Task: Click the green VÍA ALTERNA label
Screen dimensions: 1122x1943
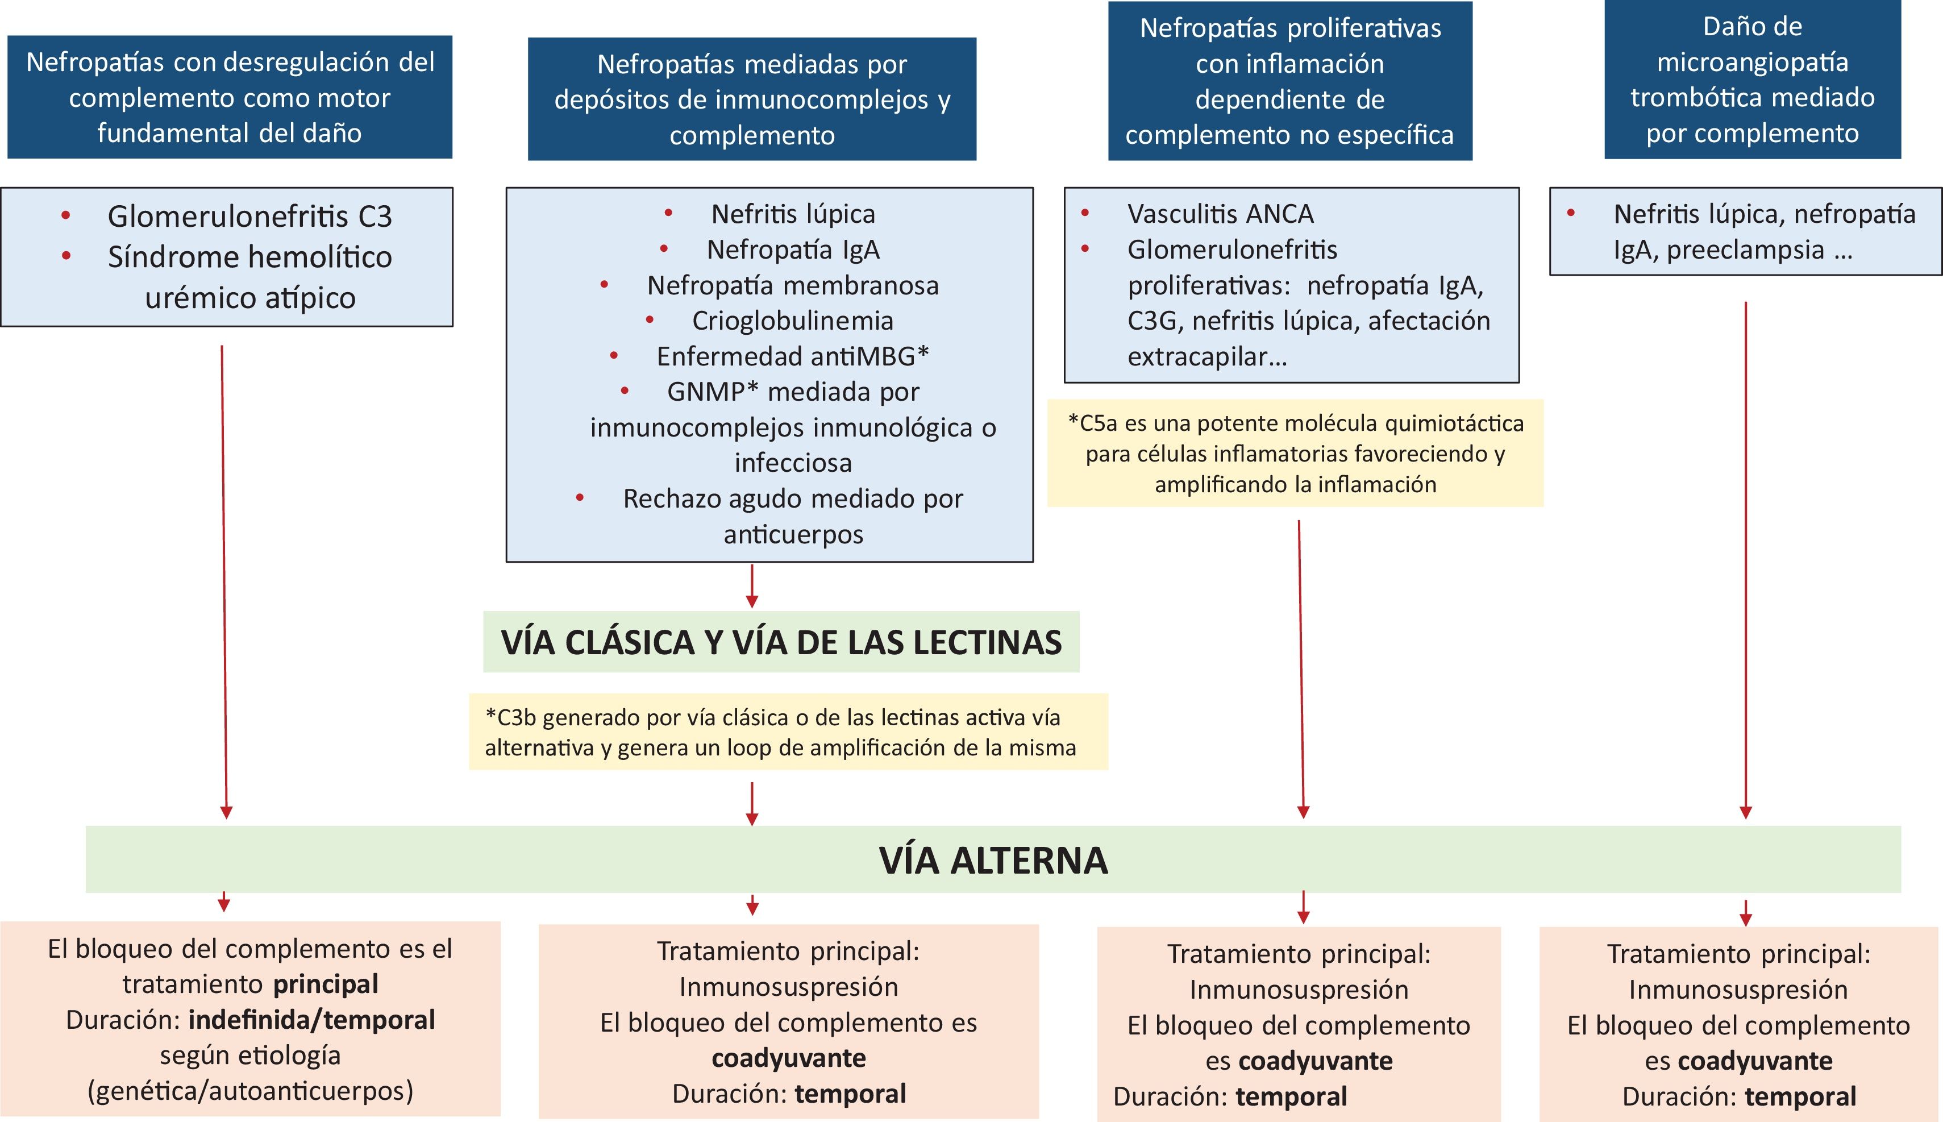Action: (x=993, y=860)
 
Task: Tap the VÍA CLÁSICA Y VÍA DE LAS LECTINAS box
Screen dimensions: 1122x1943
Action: (x=781, y=642)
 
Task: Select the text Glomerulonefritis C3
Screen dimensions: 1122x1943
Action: (x=249, y=217)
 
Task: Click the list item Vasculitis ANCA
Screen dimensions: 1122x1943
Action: (x=1220, y=214)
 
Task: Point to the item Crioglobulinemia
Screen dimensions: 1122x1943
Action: (x=792, y=321)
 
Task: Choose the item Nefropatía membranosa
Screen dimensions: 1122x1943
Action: (x=792, y=285)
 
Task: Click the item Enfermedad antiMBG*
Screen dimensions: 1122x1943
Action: (x=792, y=356)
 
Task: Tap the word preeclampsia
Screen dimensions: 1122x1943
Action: (x=1745, y=250)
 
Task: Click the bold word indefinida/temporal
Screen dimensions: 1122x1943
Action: (x=311, y=1020)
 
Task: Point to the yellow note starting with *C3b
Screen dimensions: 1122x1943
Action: (x=788, y=732)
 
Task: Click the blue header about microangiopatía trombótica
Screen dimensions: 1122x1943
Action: (x=1752, y=80)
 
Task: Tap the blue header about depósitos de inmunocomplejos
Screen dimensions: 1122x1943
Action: (x=752, y=99)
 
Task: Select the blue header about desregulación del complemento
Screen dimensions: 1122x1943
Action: (x=230, y=97)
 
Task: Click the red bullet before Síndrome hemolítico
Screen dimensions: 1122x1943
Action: (x=66, y=256)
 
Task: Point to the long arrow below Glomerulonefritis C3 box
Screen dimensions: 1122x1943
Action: (x=224, y=578)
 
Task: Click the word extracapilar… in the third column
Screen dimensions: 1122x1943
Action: (x=1206, y=357)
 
